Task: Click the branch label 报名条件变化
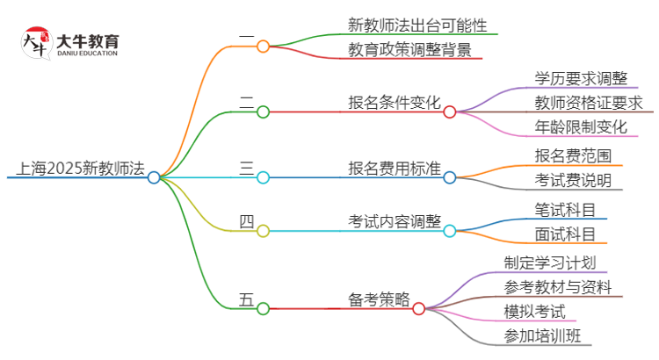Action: point(395,102)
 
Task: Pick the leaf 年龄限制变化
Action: point(580,126)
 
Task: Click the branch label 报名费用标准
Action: point(395,168)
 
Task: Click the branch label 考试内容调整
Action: point(395,221)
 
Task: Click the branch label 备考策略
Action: point(379,299)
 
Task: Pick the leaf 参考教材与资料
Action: point(558,287)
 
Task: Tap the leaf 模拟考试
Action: point(534,311)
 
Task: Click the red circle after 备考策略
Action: point(419,308)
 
